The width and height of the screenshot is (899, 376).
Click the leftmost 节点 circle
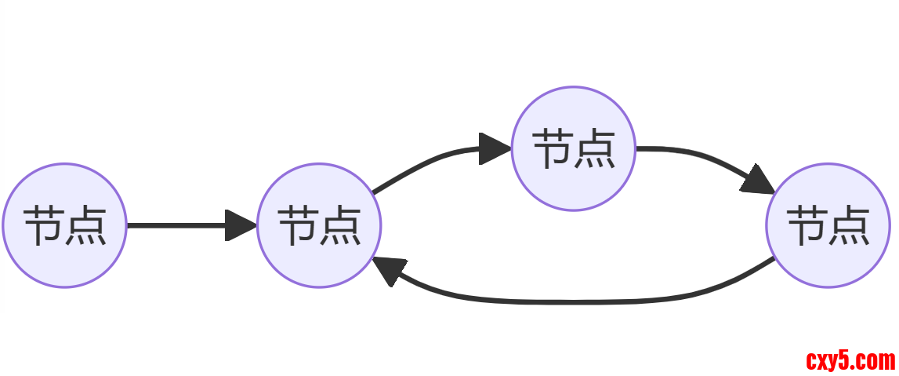point(64,226)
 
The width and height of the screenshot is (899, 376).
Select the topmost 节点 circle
point(573,148)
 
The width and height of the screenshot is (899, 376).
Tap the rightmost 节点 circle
point(828,226)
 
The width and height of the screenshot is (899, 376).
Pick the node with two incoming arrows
point(319,226)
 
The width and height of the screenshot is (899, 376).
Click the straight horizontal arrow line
point(176,226)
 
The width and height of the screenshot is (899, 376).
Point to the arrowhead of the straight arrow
point(240,226)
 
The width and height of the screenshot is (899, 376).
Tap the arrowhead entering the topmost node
point(494,148)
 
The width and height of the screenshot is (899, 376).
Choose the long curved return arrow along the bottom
point(572,301)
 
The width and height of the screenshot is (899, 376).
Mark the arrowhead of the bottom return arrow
point(389,271)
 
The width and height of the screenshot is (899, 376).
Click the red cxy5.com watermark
point(850,361)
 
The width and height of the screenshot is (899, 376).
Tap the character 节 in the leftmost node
point(44,226)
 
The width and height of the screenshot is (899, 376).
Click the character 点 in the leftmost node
point(85,226)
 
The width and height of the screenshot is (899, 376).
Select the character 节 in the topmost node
point(553,148)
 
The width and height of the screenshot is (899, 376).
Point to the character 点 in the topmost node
point(593,148)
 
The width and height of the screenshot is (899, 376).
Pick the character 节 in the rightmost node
point(807,226)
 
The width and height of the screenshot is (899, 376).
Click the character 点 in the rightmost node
point(848,226)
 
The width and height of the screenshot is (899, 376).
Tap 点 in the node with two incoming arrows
point(339,226)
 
